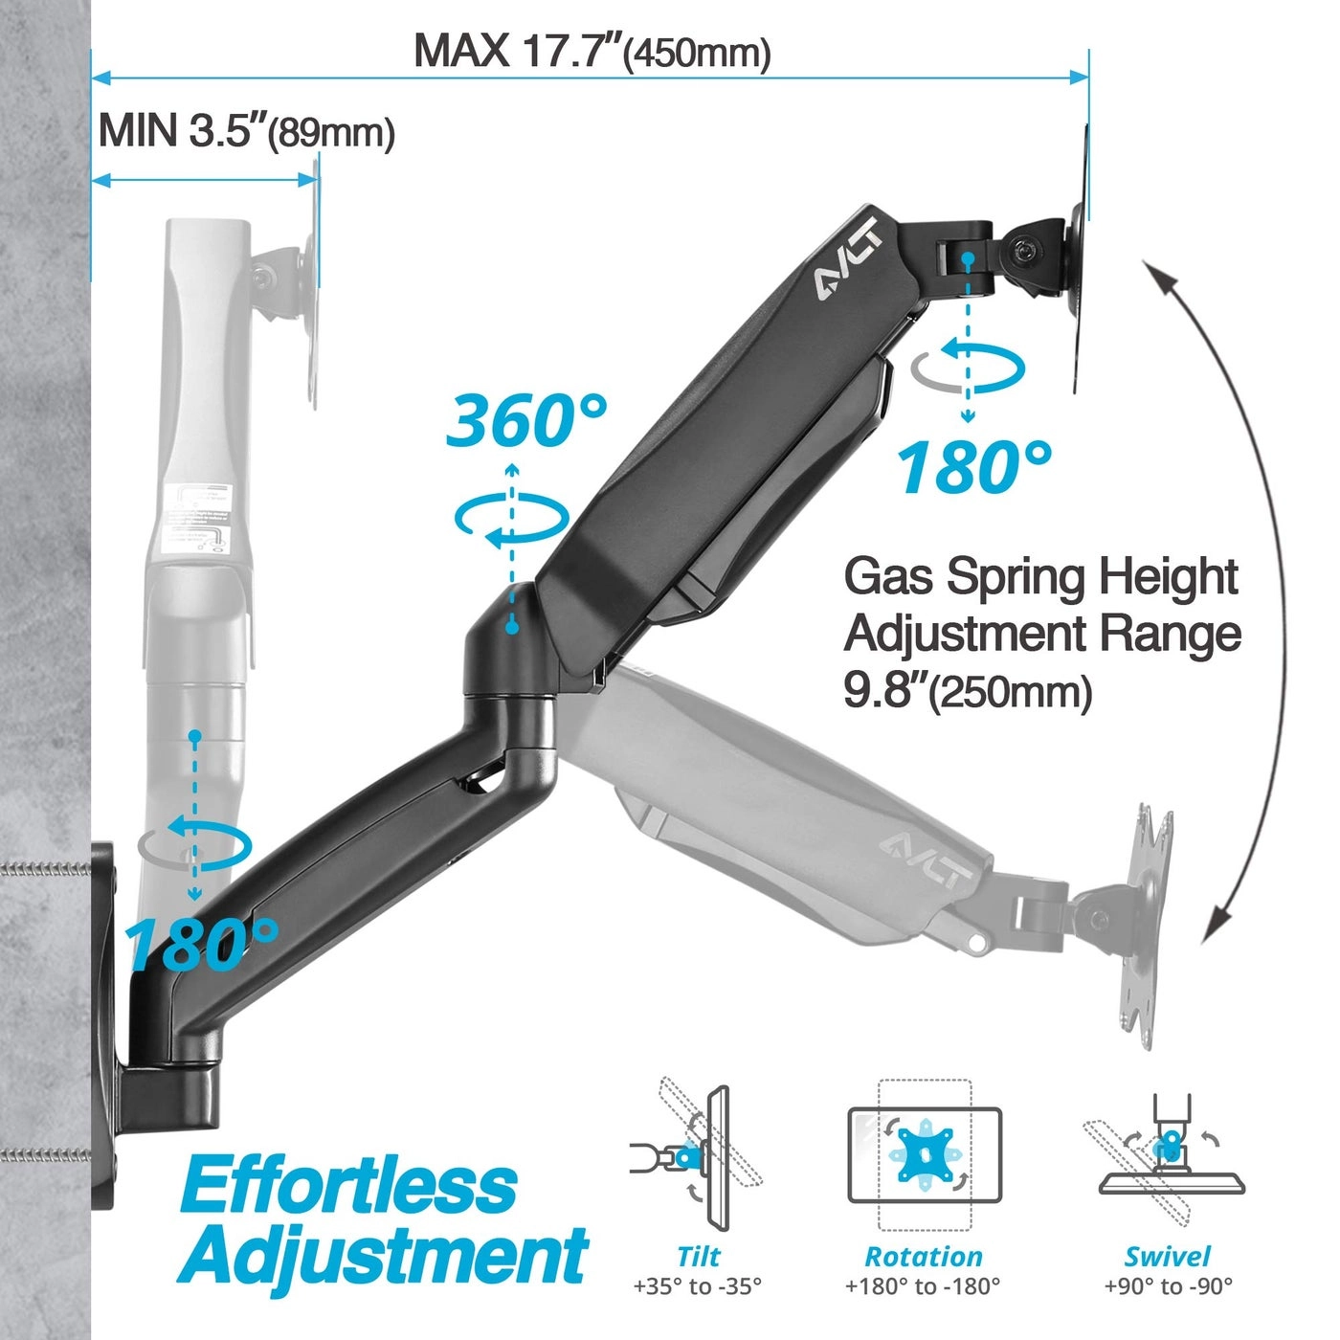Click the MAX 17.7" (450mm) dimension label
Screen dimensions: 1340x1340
pos(592,51)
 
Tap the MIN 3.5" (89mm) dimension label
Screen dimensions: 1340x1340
pos(246,131)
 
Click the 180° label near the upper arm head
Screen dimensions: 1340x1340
pos(973,467)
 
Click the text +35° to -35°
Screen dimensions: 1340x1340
pos(698,1286)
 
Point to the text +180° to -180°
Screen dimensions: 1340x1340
pos(923,1286)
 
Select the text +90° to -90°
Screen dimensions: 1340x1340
pos(1168,1286)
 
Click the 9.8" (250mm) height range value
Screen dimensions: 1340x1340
pos(967,691)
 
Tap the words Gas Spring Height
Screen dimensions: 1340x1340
pos(1040,577)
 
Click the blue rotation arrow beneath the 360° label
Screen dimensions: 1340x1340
pos(511,523)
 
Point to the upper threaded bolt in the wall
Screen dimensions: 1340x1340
pos(43,869)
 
